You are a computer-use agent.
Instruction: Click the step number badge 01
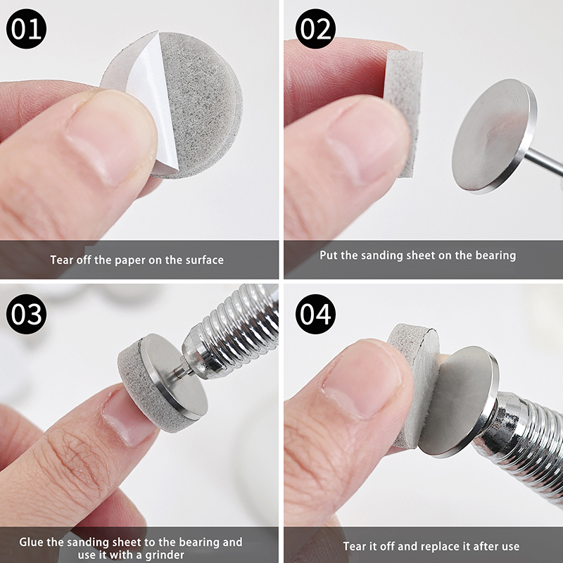pyautogui.click(x=26, y=29)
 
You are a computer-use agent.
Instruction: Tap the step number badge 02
pyautogui.click(x=315, y=29)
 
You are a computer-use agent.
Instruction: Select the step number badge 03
pyautogui.click(x=26, y=314)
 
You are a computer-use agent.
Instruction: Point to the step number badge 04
pyautogui.click(x=315, y=314)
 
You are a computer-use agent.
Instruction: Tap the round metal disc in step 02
pyautogui.click(x=495, y=137)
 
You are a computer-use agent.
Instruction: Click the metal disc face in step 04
pyautogui.click(x=458, y=402)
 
